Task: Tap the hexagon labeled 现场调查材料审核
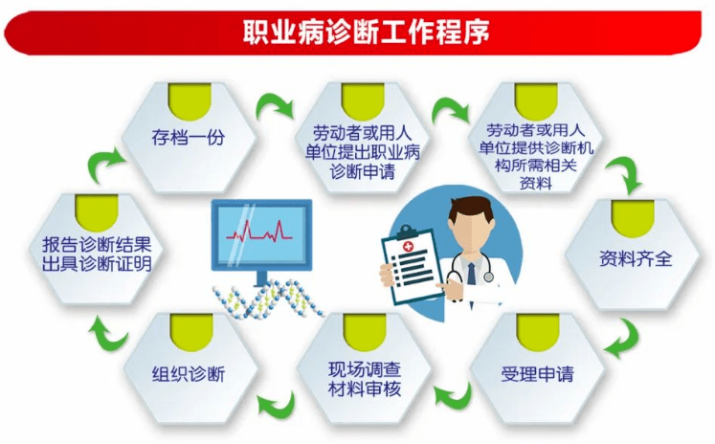coord(363,371)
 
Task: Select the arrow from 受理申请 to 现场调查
coord(452,394)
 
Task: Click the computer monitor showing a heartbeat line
coord(260,233)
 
